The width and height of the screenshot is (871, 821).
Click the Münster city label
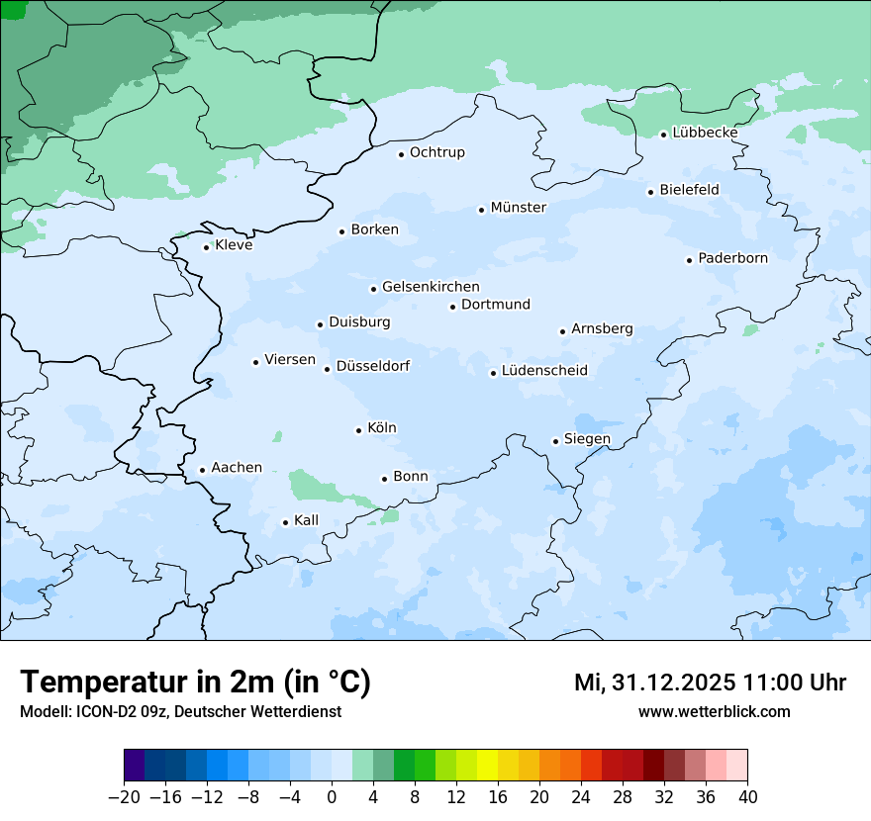coord(519,208)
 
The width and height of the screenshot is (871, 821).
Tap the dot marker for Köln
coord(358,430)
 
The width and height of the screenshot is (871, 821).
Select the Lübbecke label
coord(705,133)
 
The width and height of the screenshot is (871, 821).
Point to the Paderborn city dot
coord(689,260)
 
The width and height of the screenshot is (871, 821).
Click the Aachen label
coord(237,468)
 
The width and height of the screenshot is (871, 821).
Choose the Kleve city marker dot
coord(206,247)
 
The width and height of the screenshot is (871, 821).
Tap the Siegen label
coord(587,439)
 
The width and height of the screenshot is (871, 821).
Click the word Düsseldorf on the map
coord(373,367)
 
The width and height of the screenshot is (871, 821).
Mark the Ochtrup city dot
coord(401,154)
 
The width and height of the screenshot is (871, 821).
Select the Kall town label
coord(306,520)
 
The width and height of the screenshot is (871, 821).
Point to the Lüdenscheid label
coord(544,371)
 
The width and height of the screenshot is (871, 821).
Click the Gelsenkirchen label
coord(431,287)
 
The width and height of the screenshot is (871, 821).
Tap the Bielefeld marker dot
coord(650,192)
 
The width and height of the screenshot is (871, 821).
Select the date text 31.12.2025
coord(668,683)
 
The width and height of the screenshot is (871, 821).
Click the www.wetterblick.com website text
coord(714,711)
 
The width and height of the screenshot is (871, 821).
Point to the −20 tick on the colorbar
coord(124,797)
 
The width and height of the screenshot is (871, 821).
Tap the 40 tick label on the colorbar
coord(747,797)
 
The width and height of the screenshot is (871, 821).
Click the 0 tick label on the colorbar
coord(332,797)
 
